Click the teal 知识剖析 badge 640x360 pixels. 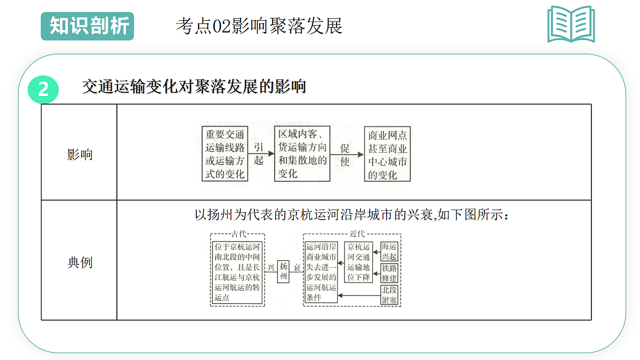point(87,26)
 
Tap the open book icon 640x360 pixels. point(571,24)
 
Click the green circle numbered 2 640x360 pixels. point(43,90)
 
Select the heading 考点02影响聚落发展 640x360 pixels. point(259,26)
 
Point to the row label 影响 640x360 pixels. point(79,155)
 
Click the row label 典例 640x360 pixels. point(79,262)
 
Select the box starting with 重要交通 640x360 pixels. point(225,154)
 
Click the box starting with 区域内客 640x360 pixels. point(302,154)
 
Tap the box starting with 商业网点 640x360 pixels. point(387,154)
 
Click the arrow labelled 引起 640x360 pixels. point(261,154)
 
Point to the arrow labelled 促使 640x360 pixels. point(347,155)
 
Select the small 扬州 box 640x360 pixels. point(283,271)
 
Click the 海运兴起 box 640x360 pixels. point(389,251)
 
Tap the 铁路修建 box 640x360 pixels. point(389,273)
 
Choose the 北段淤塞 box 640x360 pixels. point(389,295)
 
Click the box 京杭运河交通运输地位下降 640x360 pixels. point(358,262)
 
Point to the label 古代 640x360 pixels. point(239,234)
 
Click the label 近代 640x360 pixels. point(357,234)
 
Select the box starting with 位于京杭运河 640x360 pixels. point(237,273)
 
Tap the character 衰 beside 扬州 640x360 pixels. point(297,267)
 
